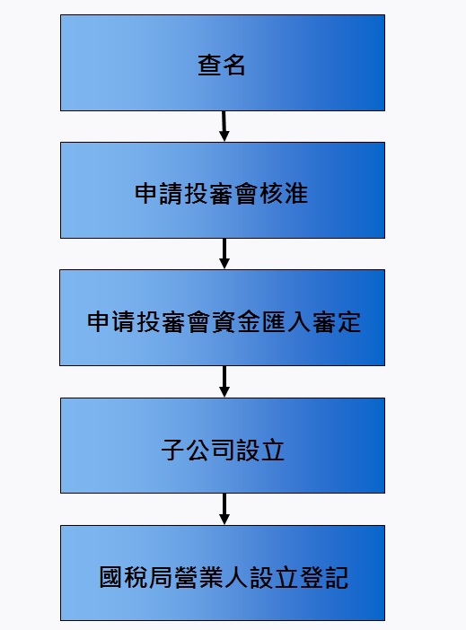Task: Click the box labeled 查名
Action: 223,63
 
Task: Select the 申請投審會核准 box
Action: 223,190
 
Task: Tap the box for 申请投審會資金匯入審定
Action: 222,318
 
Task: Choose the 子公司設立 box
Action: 223,446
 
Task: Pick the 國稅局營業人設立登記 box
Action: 223,573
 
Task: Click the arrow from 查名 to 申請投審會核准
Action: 224,127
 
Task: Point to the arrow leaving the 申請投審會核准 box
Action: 224,254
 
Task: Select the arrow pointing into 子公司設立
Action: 224,381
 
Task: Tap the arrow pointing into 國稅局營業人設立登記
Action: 224,509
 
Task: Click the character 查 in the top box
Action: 208,66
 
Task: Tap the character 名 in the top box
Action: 233,66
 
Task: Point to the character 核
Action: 271,194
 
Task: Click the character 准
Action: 296,194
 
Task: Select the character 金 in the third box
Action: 249,322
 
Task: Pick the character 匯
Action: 274,322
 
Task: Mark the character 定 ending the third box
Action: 349,322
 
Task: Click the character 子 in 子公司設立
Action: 172,450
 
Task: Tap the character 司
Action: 223,450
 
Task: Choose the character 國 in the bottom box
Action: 110,578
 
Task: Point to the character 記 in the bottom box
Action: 336,578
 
